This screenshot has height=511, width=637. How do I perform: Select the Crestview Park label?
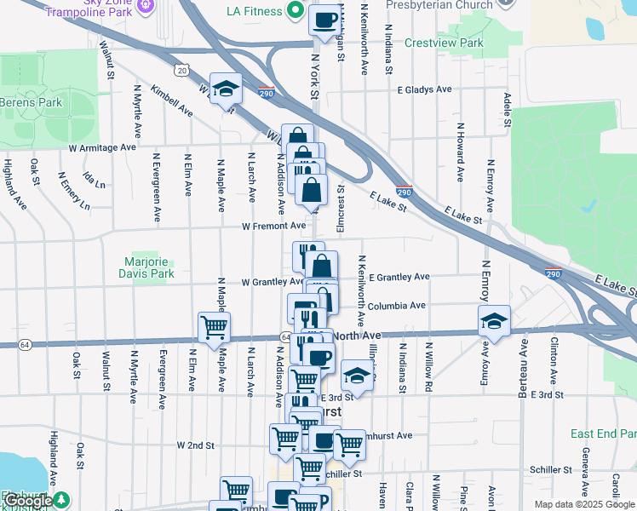coord(444,43)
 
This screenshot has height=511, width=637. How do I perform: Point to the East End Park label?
coord(603,433)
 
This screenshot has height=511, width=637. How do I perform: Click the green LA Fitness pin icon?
coord(296,11)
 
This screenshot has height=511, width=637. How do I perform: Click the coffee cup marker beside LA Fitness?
coord(324,20)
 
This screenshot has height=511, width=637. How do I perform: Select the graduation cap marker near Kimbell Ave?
coord(226,88)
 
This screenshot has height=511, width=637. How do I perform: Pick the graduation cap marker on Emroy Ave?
coord(494,321)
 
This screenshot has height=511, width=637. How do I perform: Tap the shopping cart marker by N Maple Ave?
coord(214,325)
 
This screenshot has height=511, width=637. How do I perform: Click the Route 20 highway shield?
coord(182,71)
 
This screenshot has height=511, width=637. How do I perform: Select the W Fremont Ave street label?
coord(273,227)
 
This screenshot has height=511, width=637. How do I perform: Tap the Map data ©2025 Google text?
coord(584,504)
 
